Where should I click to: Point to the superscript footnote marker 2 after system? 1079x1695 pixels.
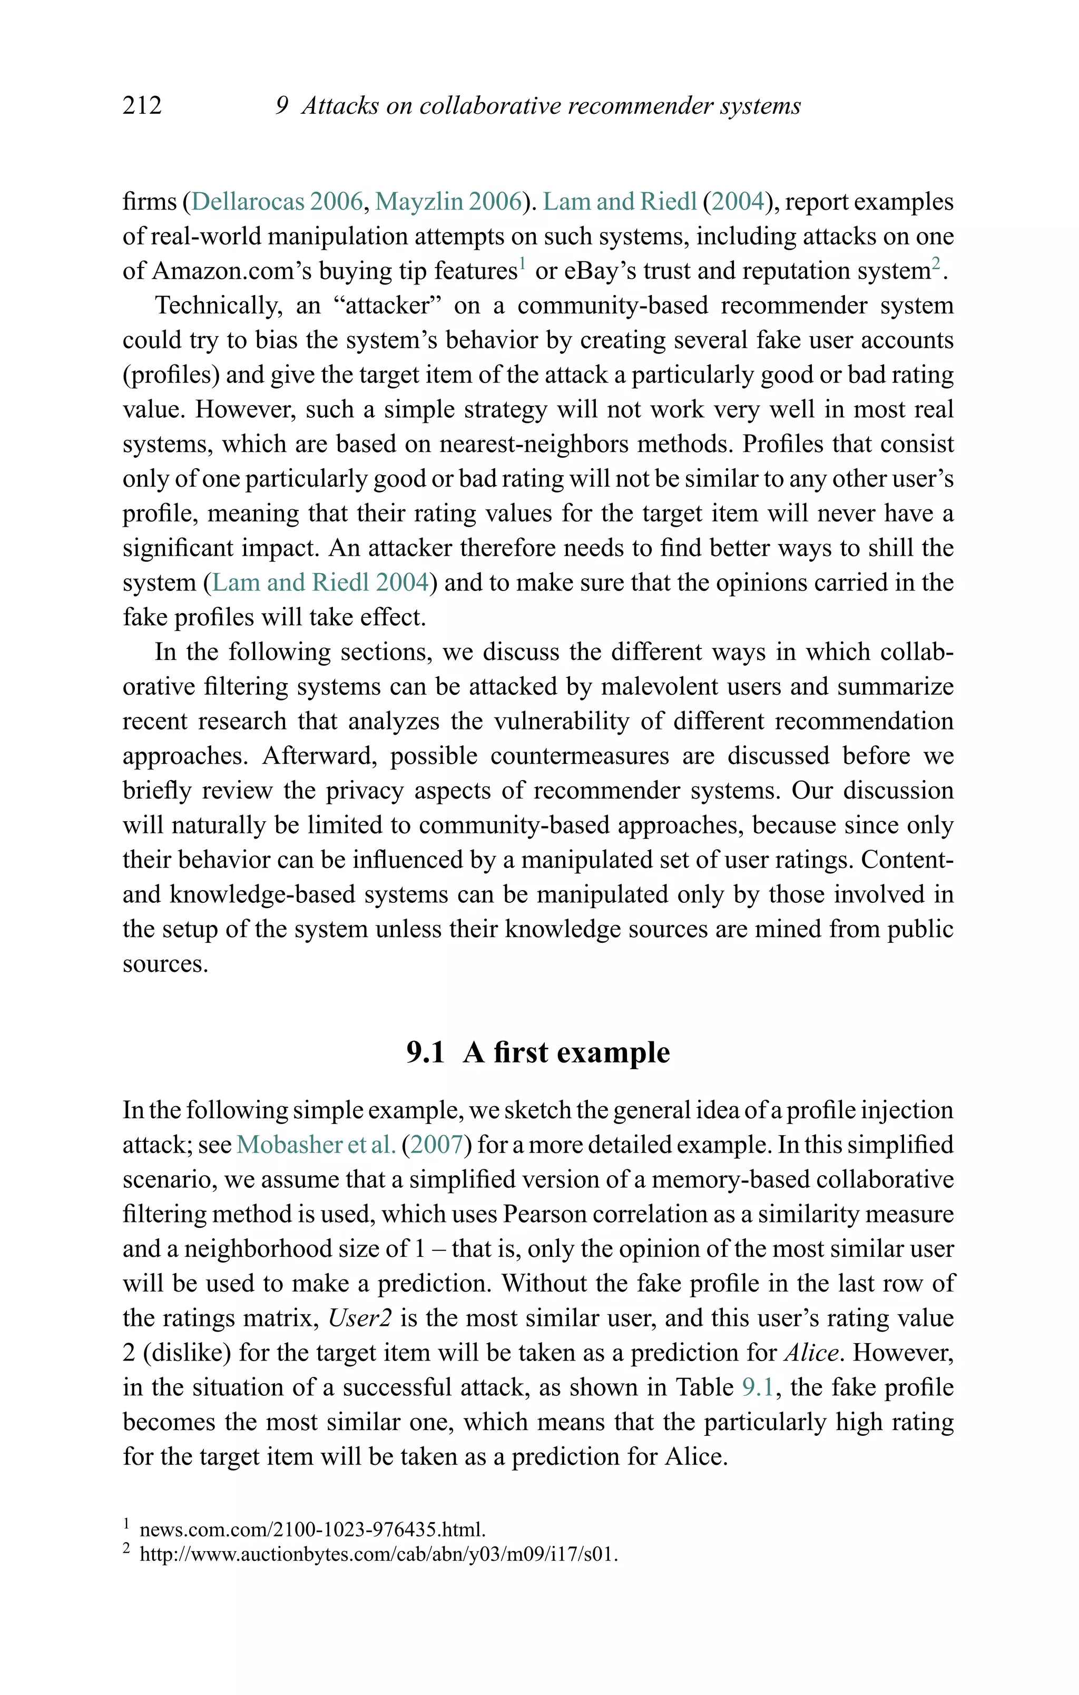pyautogui.click(x=936, y=263)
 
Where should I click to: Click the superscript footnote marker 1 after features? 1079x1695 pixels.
pyautogui.click(x=523, y=263)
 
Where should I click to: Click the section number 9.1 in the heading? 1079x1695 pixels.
pyautogui.click(x=425, y=1052)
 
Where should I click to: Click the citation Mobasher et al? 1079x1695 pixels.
pyautogui.click(x=316, y=1145)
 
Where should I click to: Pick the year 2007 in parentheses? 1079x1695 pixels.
pyautogui.click(x=436, y=1145)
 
